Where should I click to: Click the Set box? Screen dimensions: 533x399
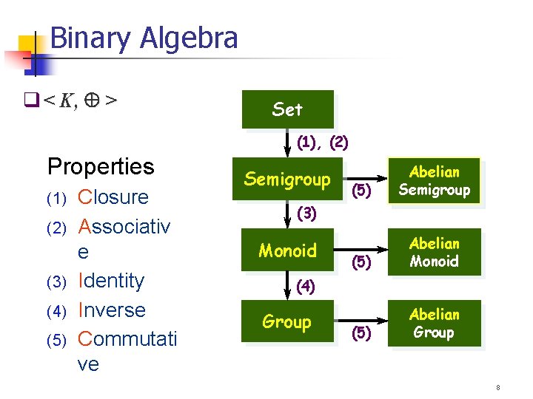click(x=287, y=109)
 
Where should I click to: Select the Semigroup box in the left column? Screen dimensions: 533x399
click(x=287, y=179)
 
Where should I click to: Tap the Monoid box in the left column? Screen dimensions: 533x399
click(x=287, y=250)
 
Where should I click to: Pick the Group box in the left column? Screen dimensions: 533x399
click(x=287, y=321)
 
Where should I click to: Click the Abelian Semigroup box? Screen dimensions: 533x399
click(x=435, y=181)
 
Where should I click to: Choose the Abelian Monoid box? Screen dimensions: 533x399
click(x=435, y=252)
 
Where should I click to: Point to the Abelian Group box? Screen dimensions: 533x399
click(x=435, y=323)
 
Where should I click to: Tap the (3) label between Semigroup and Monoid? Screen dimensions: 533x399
click(x=307, y=214)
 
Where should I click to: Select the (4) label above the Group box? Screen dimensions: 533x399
click(x=307, y=286)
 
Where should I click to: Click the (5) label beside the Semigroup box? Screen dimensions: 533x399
click(x=361, y=190)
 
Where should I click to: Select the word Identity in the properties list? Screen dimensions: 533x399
click(x=111, y=281)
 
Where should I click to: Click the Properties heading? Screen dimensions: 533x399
click(x=101, y=166)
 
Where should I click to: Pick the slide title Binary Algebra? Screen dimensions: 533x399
click(x=144, y=38)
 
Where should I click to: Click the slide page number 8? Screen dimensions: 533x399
click(x=498, y=387)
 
